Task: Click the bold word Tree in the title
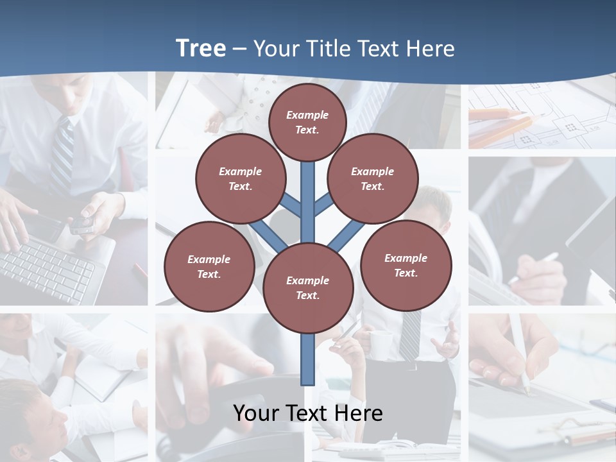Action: (201, 48)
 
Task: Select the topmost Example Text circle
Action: (307, 122)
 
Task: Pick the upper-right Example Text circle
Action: (373, 179)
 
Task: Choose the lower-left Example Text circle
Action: (209, 267)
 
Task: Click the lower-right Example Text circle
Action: (406, 266)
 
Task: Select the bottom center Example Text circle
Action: (308, 288)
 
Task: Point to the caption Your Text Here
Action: (308, 413)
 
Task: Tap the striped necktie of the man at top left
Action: (63, 154)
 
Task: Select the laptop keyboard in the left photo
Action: (45, 269)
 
